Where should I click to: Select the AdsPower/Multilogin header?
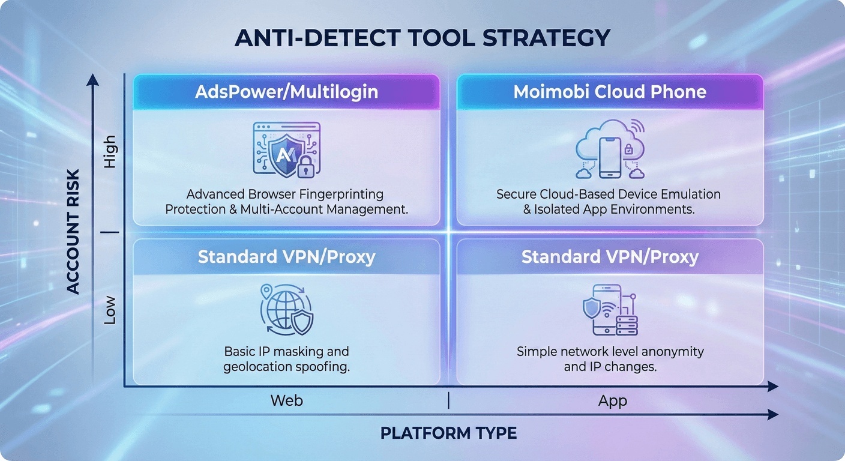coord(286,92)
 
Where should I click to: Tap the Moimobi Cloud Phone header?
coord(610,92)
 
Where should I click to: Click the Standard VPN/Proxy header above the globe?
coord(286,257)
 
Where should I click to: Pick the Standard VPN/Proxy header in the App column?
coord(610,257)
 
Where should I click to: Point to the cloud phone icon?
coord(610,150)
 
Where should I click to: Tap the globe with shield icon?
coord(286,309)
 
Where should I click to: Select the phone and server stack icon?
coord(610,310)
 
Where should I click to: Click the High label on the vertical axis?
coord(110,152)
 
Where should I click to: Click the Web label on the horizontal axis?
coord(286,400)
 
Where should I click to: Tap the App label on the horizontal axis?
coord(612,400)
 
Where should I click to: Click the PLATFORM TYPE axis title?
coord(448,433)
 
